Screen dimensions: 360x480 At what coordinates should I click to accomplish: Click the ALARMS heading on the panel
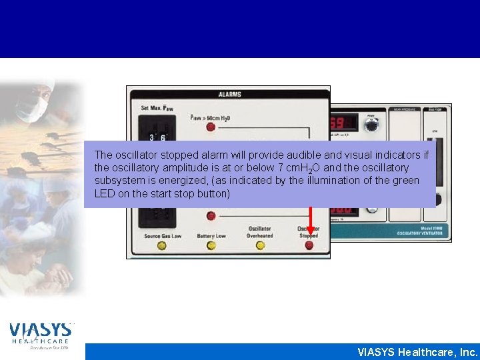(229, 94)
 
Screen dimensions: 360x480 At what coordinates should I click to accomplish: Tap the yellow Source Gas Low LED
(161, 246)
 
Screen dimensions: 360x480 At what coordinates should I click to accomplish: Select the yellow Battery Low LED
(211, 246)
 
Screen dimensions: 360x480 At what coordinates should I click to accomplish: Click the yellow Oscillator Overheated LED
(260, 246)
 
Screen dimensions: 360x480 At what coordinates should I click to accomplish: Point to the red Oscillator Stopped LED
(309, 246)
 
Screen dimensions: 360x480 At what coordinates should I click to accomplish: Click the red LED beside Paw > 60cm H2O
(211, 126)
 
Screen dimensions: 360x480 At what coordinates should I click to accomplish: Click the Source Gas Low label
(162, 236)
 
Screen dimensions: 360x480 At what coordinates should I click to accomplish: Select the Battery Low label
(211, 236)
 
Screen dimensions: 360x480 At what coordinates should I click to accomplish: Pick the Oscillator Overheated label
(260, 232)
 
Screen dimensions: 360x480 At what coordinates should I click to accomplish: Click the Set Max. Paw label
(154, 108)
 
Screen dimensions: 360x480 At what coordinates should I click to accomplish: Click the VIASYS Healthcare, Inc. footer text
(417, 352)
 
